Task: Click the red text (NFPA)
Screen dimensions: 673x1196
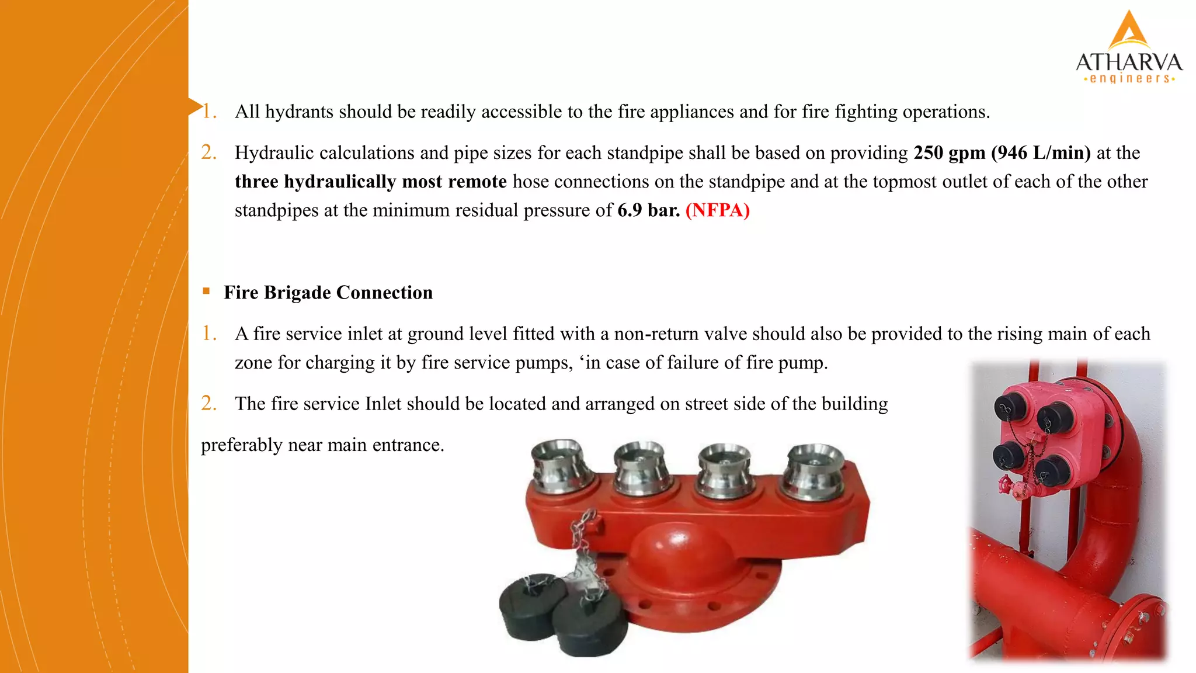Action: click(x=717, y=210)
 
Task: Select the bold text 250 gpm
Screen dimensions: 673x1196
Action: click(x=950, y=153)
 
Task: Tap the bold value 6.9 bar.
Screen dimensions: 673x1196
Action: click(x=648, y=210)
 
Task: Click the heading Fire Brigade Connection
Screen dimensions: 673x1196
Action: click(x=328, y=293)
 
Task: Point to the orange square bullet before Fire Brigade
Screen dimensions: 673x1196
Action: click(x=206, y=291)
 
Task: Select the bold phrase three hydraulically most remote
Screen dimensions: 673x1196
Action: click(x=370, y=182)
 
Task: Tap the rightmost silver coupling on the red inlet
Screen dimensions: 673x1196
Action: click(x=814, y=470)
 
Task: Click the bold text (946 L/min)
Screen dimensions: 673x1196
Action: click(x=1041, y=153)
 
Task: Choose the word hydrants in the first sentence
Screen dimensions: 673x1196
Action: click(x=299, y=112)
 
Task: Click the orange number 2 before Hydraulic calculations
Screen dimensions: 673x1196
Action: click(x=208, y=152)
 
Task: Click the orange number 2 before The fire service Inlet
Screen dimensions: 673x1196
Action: click(x=208, y=404)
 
